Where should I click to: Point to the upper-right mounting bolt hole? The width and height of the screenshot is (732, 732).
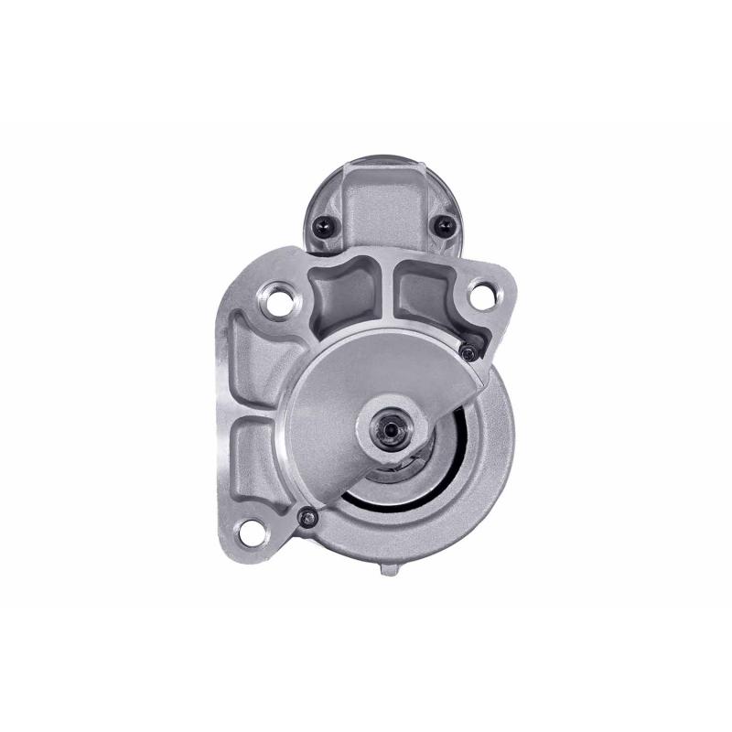click(479, 295)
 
